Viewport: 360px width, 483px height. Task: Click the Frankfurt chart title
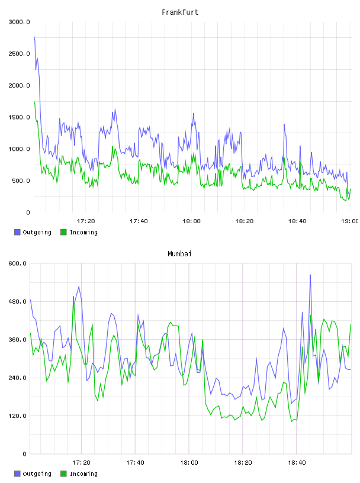pos(180,12)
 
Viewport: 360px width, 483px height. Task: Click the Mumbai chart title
pos(179,254)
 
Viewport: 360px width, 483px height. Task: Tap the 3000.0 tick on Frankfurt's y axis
pos(19,22)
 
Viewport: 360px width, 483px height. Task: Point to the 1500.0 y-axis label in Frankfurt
pos(19,117)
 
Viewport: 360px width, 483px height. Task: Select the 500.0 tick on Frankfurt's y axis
pos(21,181)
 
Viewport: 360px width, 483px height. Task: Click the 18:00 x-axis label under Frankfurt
pos(191,221)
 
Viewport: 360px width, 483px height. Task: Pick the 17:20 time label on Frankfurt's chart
pos(86,221)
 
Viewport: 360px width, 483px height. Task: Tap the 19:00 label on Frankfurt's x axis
pos(350,221)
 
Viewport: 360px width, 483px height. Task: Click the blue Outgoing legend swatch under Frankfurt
pos(17,232)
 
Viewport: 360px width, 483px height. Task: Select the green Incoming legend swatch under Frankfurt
pos(63,232)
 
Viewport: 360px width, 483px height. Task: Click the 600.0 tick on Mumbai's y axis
pos(18,263)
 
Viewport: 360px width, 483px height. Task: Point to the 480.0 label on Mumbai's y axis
pos(18,301)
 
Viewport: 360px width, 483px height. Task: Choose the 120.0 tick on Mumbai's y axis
pos(18,416)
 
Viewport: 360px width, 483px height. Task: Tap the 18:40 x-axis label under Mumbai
pos(297,463)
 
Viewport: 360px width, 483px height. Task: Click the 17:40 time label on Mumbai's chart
pos(135,463)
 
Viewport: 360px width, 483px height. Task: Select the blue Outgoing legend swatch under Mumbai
pos(17,474)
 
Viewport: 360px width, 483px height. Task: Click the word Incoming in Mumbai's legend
pos(83,474)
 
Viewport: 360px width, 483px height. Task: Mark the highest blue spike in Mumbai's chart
pos(310,275)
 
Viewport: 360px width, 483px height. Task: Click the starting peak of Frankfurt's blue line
pos(34,37)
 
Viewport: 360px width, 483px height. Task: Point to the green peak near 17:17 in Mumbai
pos(73,297)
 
